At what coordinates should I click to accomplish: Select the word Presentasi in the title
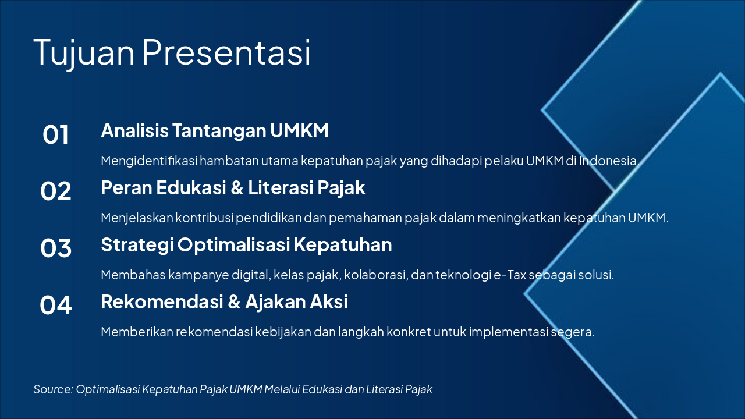pos(226,51)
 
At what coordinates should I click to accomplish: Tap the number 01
pos(56,135)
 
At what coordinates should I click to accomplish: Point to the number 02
pos(56,191)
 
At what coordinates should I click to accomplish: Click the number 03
pos(56,248)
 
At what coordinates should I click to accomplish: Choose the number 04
pos(56,305)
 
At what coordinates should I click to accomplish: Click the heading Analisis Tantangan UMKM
pos(215,131)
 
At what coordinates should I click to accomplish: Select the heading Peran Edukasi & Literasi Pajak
pos(233,188)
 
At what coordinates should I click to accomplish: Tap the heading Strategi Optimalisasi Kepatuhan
pos(246,244)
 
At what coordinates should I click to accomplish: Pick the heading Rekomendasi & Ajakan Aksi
pos(224,301)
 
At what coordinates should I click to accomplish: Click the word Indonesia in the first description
pos(609,161)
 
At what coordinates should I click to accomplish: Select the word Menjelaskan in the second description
pos(136,218)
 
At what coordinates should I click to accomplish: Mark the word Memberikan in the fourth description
pos(136,332)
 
